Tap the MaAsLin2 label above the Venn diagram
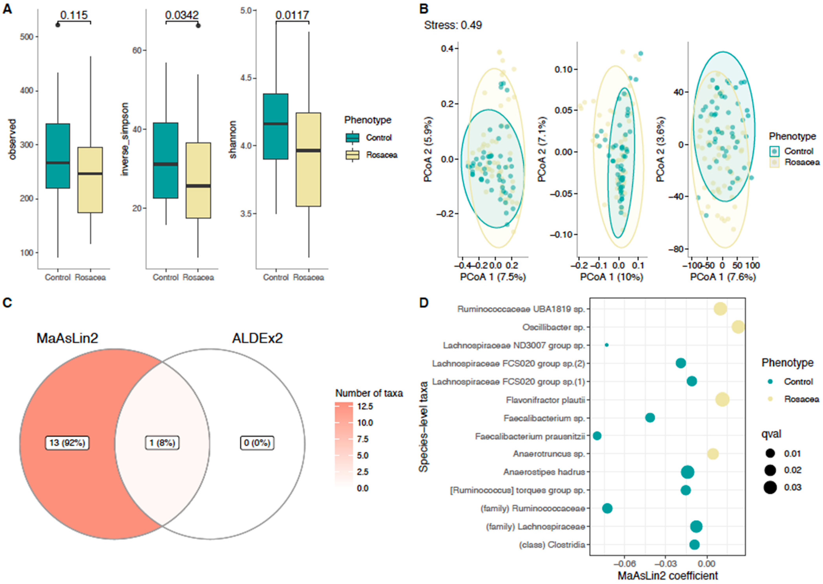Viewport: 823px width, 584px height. tap(67, 338)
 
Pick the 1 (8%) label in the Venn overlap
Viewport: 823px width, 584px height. tap(162, 443)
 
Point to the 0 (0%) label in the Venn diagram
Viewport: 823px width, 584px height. tap(257, 443)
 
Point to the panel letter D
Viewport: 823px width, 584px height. tap(424, 303)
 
